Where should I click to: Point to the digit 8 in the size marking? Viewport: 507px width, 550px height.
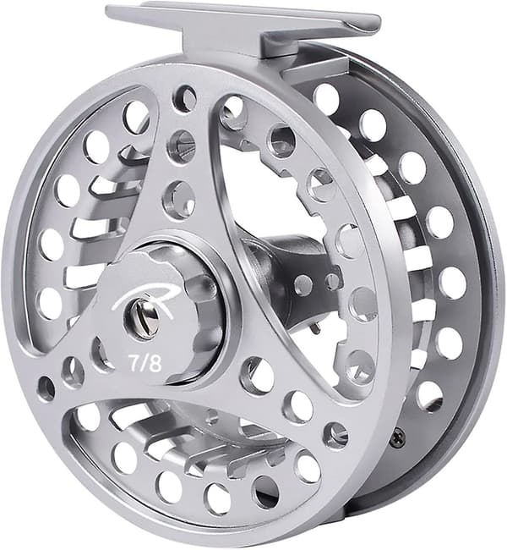point(156,365)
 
